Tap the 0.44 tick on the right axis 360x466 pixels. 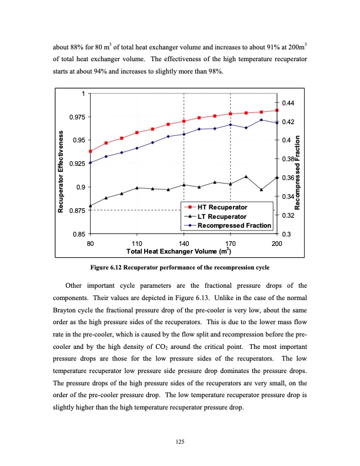pos(288,103)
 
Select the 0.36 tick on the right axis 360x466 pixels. pos(288,178)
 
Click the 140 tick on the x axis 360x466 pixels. pos(184,243)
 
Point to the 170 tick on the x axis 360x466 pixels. pos(230,243)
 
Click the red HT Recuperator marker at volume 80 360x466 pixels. pos(90,151)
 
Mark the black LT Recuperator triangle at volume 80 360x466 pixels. pos(90,206)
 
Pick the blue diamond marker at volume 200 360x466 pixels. pos(276,123)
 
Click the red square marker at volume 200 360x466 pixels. pos(276,110)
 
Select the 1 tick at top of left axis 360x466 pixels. pos(84,94)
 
